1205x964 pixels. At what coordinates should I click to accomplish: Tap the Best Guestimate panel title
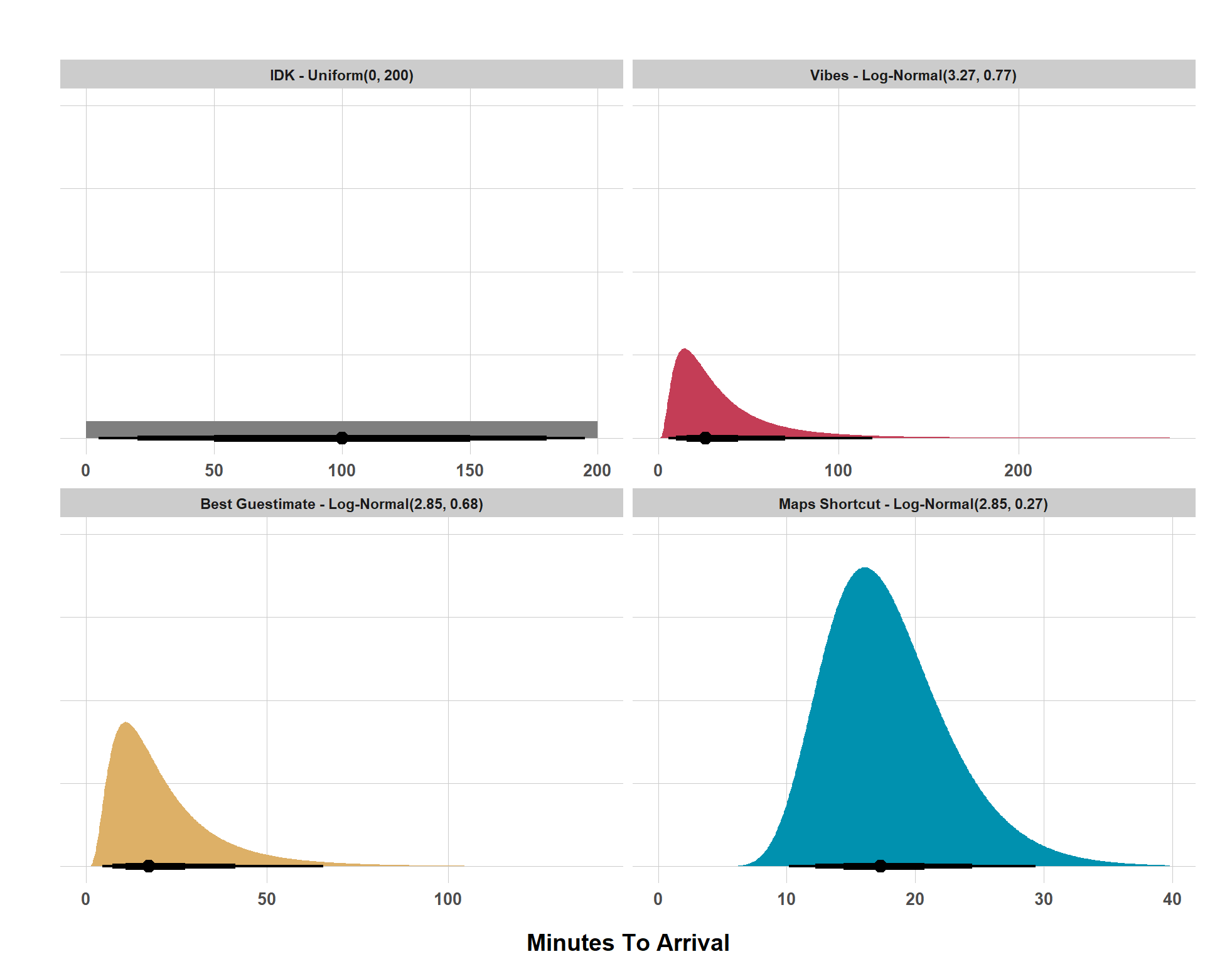(x=341, y=504)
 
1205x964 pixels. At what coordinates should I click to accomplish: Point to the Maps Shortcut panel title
(x=913, y=504)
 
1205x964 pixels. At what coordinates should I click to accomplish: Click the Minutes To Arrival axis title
(x=628, y=943)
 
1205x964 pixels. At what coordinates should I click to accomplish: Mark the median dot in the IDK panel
(x=342, y=438)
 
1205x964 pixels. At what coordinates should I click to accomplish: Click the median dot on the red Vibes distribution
(x=705, y=438)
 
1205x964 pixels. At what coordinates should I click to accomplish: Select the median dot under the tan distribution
(x=149, y=866)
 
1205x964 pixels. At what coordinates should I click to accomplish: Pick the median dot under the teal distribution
(x=881, y=866)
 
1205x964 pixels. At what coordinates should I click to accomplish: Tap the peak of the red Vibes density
(x=684, y=350)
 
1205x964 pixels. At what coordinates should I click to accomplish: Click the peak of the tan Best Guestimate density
(x=126, y=723)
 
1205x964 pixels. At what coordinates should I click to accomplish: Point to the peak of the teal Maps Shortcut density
(x=865, y=569)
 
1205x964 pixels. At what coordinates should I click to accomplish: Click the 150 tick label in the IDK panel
(x=470, y=471)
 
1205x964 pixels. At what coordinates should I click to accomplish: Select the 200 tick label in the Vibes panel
(x=1018, y=471)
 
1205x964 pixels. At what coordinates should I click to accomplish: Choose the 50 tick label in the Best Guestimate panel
(x=267, y=899)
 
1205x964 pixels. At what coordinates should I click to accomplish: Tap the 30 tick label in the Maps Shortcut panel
(x=1044, y=899)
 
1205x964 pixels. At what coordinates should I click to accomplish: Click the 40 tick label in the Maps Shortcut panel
(x=1172, y=899)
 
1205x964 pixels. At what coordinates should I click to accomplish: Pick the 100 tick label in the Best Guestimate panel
(x=448, y=899)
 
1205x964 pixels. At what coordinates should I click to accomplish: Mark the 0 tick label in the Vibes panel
(x=658, y=471)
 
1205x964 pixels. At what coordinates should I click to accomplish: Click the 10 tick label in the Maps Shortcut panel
(x=786, y=899)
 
